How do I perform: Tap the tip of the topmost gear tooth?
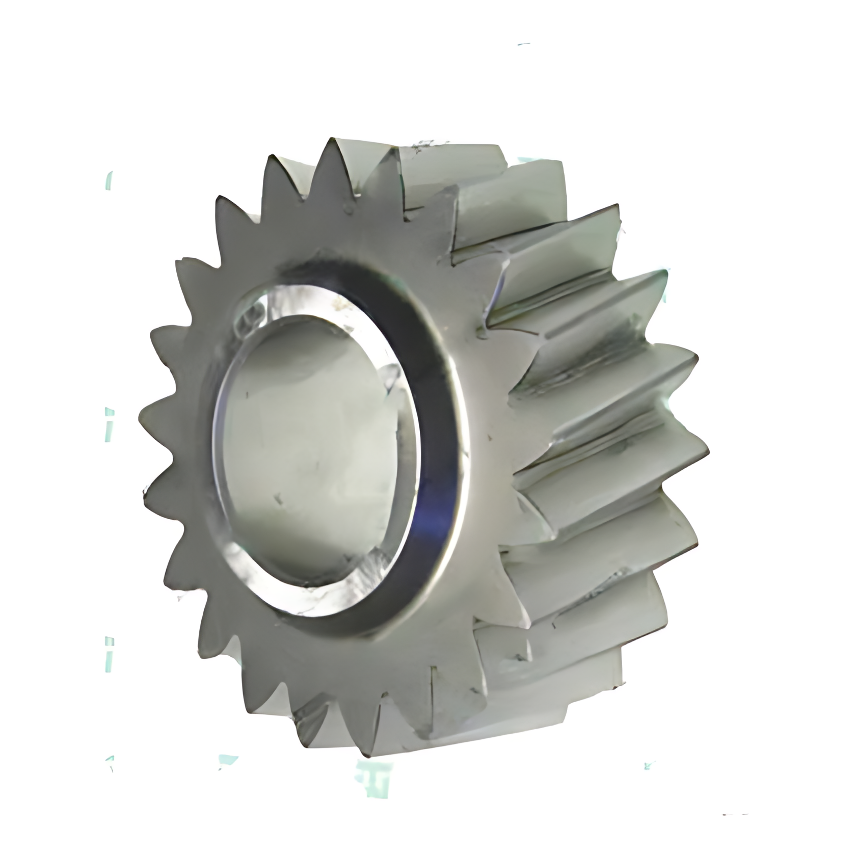(x=332, y=139)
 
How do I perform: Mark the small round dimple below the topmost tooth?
(x=348, y=208)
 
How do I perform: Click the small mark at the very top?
(x=524, y=45)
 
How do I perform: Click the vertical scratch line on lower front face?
(x=432, y=688)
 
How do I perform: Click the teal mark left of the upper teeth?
(x=109, y=181)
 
